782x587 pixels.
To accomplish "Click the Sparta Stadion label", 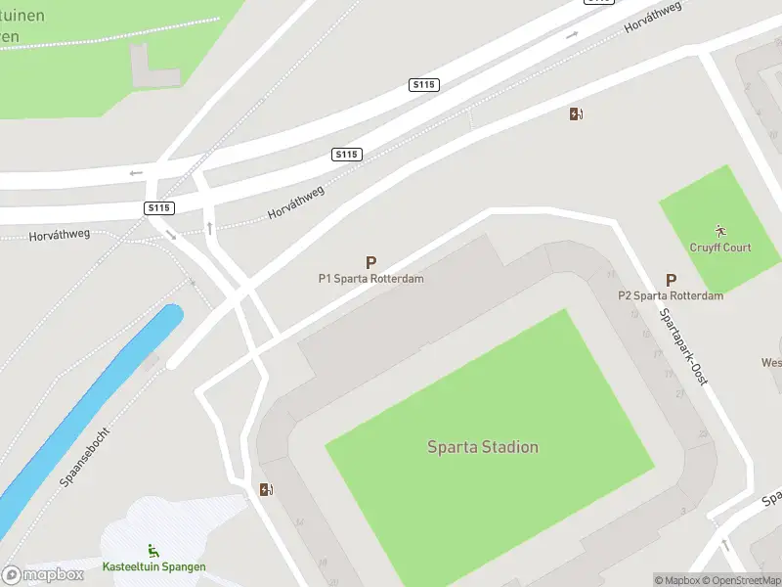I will coord(483,447).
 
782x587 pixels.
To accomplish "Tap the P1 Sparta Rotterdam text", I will coord(371,279).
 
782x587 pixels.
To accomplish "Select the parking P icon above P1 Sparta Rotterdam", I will coord(370,262).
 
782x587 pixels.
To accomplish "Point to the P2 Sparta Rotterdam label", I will coord(671,295).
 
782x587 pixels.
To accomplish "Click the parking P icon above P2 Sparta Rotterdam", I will coord(671,280).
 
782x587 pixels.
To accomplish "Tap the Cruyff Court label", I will coord(720,248).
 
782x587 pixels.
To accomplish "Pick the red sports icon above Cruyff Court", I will coord(720,231).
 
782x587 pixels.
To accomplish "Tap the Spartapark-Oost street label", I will coord(682,346).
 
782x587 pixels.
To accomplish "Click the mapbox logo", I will coord(42,575).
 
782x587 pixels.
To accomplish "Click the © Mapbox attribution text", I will coord(676,580).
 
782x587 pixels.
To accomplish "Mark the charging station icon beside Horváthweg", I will coord(577,113).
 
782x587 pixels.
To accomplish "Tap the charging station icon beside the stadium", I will coord(266,489).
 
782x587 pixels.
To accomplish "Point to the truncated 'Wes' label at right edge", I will coord(771,362).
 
